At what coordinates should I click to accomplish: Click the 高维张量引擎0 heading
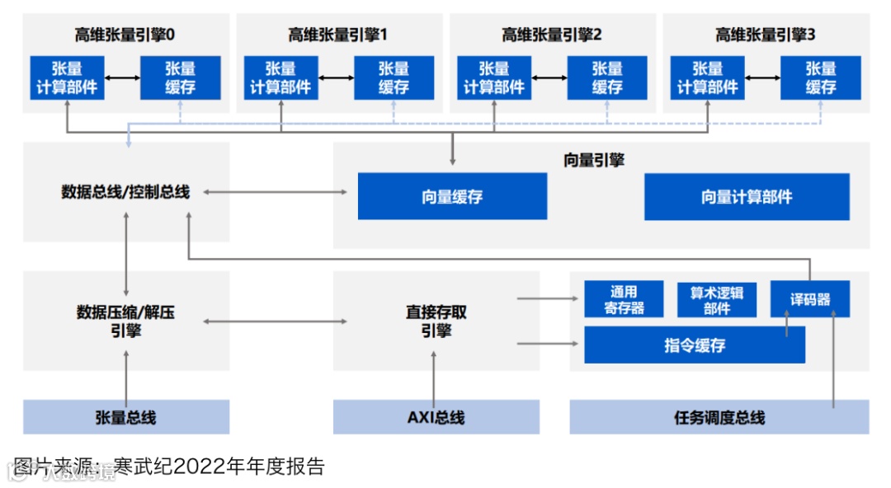click(125, 35)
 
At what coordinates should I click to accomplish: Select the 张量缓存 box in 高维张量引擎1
click(394, 77)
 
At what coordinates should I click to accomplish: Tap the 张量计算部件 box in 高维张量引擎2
click(494, 77)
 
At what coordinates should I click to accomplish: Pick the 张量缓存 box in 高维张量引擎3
click(820, 77)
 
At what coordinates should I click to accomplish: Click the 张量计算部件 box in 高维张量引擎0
click(68, 77)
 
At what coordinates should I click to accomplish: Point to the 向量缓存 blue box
click(452, 196)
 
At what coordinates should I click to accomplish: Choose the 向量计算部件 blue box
click(747, 196)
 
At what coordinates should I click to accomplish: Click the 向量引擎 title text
click(594, 160)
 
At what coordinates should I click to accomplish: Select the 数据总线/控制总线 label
click(125, 192)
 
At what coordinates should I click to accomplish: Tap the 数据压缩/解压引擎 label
click(125, 321)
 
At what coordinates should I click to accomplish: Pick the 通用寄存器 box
click(624, 300)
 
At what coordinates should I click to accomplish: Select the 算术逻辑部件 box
click(716, 300)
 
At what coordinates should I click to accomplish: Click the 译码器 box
click(809, 299)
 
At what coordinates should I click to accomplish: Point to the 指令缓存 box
click(695, 345)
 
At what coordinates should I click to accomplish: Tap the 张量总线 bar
click(125, 417)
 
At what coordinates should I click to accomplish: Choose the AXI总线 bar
click(436, 417)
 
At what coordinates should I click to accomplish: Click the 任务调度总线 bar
click(719, 417)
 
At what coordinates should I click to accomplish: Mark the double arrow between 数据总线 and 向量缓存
click(276, 192)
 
